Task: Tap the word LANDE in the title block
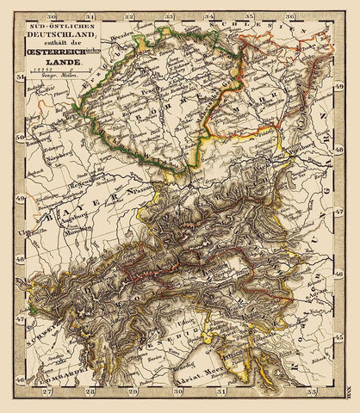[57, 62]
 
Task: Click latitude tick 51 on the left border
[19, 76]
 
